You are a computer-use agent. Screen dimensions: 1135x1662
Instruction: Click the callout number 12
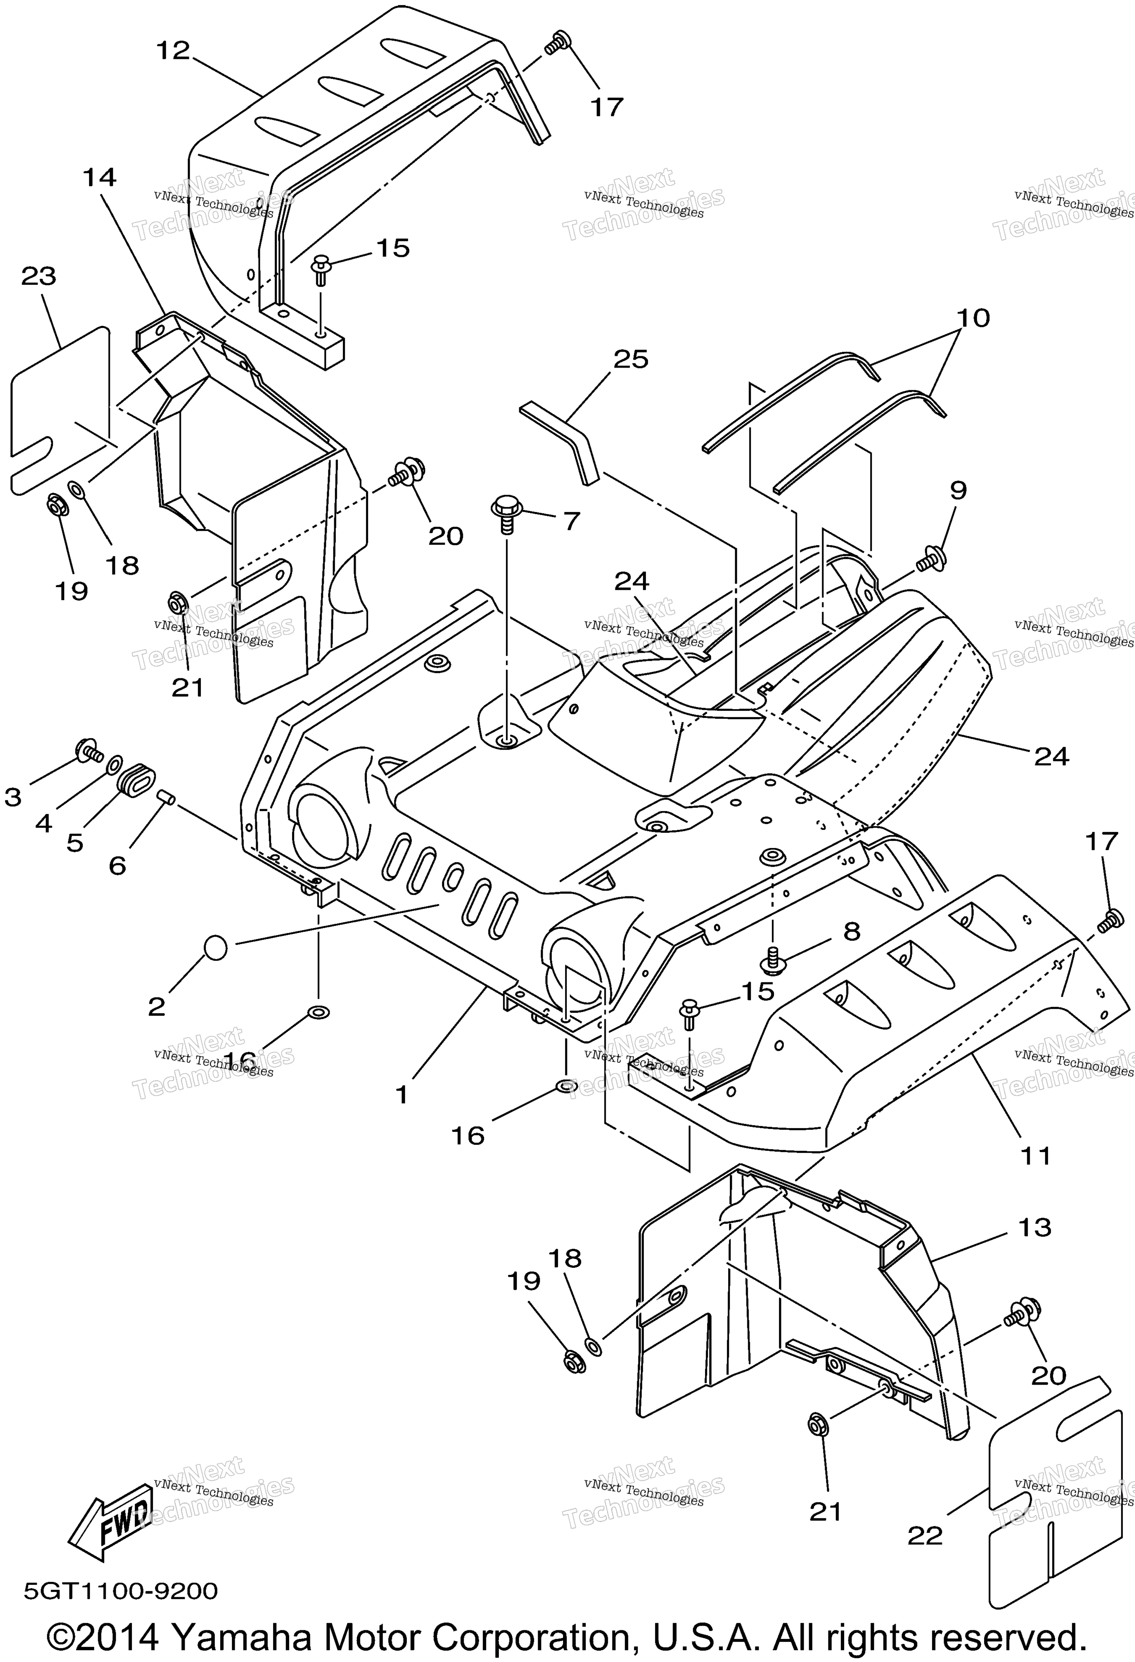(173, 51)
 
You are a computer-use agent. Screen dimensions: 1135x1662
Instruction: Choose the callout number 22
(925, 1535)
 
